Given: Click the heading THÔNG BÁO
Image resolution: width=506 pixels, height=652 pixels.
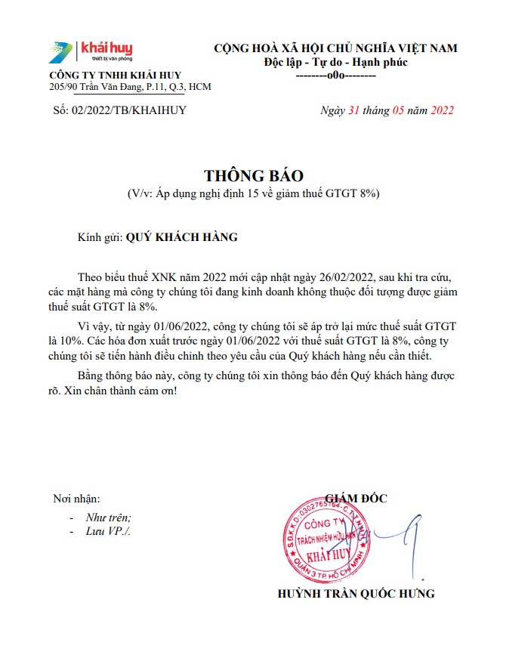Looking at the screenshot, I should coord(253,176).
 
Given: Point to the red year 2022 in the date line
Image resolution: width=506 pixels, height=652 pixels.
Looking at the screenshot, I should coord(442,110).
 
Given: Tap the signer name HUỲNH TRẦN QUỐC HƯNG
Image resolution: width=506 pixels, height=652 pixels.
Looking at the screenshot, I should coord(356,593).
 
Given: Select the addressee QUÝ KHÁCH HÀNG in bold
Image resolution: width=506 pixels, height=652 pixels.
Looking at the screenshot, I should coord(181,237).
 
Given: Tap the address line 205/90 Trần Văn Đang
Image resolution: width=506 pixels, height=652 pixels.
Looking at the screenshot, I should coord(130,87).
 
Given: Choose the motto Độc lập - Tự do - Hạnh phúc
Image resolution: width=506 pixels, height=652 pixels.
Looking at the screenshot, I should coord(336,62).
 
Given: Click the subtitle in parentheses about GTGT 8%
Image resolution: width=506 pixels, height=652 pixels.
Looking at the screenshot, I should coord(253,194).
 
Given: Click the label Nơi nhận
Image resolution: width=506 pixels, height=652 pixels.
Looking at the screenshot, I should coord(76,499).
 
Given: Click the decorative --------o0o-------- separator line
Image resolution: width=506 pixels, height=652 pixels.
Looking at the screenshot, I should coord(336,76).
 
